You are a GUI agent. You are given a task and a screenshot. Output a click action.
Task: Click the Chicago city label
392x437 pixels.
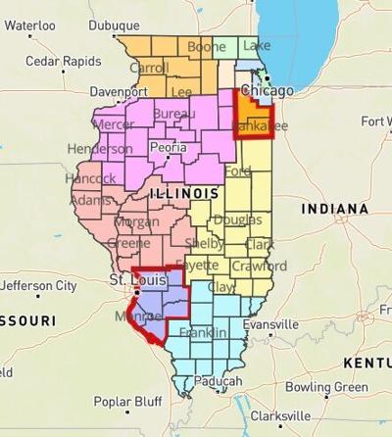[x=274, y=91]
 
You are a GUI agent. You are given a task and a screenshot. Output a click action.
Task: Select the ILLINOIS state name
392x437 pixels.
[x=183, y=195]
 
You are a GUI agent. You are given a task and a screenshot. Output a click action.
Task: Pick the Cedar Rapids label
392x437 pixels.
[x=63, y=61]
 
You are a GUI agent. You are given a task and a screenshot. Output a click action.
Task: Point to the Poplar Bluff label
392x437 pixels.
[x=127, y=402]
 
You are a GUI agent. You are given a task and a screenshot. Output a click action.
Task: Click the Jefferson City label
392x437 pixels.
[x=38, y=286]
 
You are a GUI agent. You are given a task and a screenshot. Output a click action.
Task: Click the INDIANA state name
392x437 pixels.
[x=334, y=210]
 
